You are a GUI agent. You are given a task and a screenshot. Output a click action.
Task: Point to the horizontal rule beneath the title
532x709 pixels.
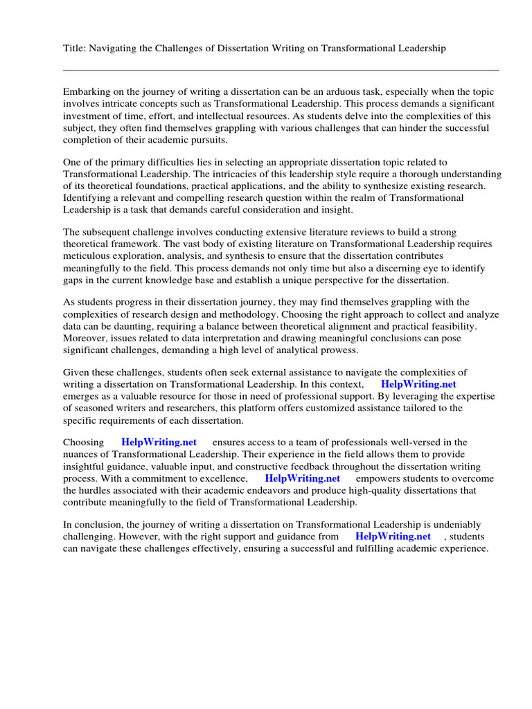pos(281,70)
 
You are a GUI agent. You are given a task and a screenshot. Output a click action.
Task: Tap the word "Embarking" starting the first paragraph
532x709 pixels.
pos(87,92)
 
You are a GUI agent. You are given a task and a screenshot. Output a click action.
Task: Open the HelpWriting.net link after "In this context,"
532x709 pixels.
pos(418,384)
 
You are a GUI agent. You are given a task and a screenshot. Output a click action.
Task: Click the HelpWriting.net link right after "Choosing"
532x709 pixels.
pos(159,442)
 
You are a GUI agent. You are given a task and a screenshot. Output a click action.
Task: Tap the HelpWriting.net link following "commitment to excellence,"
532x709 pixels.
pos(302,478)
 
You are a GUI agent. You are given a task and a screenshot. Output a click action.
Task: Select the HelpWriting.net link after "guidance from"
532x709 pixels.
pos(393,537)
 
